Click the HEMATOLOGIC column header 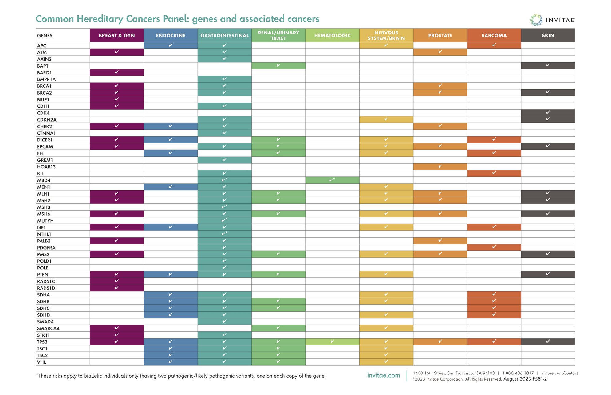332,35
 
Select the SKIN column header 548,35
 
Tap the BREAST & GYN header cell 116,35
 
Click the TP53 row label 42,342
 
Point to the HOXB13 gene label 46,167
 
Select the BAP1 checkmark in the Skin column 548,65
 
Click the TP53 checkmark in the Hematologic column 332,341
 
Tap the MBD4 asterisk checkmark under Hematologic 332,180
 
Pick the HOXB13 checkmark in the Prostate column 440,166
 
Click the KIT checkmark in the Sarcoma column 494,173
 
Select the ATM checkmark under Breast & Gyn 116,52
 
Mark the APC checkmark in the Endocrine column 171,45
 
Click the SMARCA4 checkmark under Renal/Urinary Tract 278,328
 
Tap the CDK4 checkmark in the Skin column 548,113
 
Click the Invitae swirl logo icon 536,20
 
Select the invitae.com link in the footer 384,375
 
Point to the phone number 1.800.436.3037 518,373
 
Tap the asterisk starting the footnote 37,375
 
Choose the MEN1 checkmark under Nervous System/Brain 386,187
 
